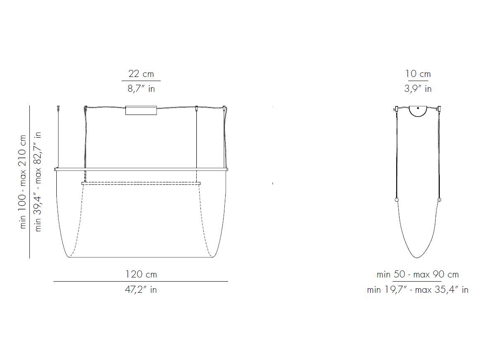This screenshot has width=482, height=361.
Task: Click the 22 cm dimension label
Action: (141, 74)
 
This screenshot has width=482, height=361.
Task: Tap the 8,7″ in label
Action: (141, 89)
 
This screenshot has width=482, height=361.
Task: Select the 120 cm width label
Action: (141, 274)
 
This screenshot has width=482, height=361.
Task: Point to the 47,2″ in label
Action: (141, 289)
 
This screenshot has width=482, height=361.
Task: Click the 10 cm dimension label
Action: (418, 74)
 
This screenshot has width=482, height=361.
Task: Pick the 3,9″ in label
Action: (418, 89)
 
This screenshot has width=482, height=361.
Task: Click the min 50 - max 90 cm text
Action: (418, 274)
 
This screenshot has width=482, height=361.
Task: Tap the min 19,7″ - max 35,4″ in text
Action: (418, 289)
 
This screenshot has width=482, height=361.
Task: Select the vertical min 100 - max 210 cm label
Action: (23, 182)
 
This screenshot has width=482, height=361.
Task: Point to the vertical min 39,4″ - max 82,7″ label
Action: (38, 182)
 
